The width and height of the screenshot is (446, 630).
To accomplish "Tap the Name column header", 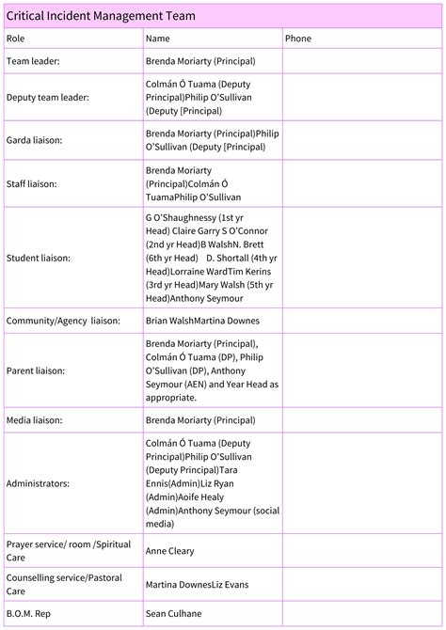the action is (x=157, y=39).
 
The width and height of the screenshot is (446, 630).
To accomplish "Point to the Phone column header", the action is (x=298, y=39).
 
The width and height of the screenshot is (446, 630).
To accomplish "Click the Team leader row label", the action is (x=33, y=60).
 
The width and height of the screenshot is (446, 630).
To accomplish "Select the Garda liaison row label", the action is (x=34, y=140).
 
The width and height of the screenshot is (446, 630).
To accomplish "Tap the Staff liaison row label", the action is (x=31, y=183).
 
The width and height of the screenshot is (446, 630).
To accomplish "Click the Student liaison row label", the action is (x=37, y=257).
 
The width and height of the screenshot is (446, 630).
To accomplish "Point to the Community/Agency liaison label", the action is (x=63, y=321).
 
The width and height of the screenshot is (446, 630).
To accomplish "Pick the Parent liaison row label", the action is (x=35, y=370).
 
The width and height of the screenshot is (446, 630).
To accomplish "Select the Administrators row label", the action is (x=38, y=482).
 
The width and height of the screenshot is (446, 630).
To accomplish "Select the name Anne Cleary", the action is (x=170, y=551).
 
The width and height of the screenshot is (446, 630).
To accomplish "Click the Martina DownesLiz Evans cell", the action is (x=197, y=585).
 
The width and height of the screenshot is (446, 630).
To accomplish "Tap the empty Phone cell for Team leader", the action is (x=361, y=60).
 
